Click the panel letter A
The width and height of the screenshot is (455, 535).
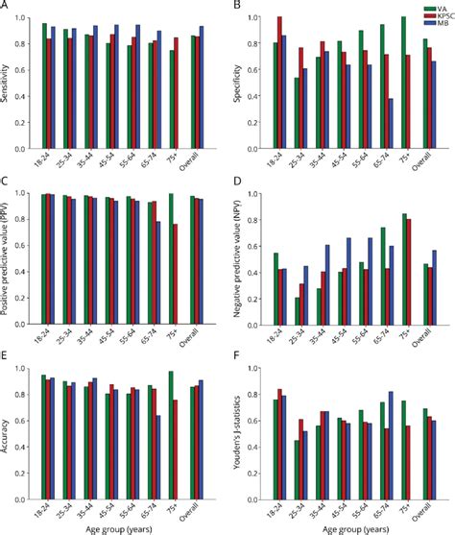[7, 9]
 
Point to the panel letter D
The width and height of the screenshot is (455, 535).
[236, 182]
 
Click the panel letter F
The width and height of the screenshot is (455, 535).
[236, 356]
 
